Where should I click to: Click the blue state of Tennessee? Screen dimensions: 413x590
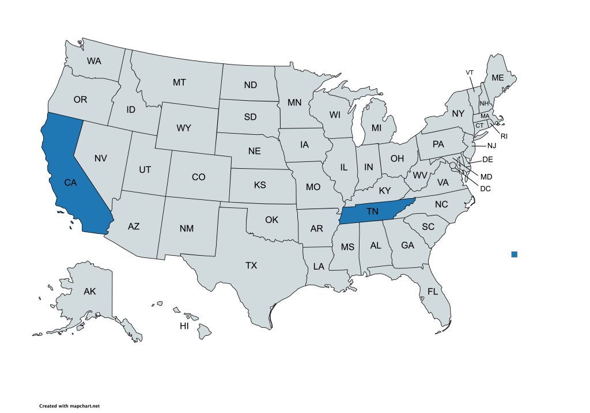[372, 212]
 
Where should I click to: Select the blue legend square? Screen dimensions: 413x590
[515, 254]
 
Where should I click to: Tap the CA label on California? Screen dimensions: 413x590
[70, 183]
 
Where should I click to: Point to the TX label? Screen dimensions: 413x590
[251, 266]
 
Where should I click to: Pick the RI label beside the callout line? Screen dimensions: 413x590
[504, 137]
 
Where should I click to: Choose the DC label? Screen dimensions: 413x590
[485, 188]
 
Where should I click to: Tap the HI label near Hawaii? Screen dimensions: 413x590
[184, 326]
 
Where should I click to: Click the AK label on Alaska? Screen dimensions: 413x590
[89, 291]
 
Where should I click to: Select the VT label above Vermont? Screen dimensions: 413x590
[470, 72]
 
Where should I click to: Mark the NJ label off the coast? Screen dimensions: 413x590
[491, 146]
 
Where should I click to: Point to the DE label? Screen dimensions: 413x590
[487, 160]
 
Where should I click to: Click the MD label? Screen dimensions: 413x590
[486, 176]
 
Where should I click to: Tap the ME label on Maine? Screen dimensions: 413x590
[497, 78]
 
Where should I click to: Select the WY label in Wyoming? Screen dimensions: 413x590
[184, 128]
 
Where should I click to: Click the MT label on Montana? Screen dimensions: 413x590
[179, 82]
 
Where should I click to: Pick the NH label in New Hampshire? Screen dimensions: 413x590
[484, 103]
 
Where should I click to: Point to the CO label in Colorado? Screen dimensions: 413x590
[198, 177]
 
